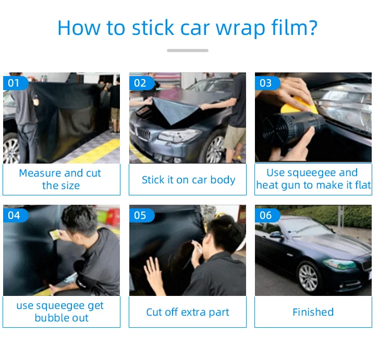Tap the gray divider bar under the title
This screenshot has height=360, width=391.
click(x=188, y=51)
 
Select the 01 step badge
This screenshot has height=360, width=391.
click(x=16, y=83)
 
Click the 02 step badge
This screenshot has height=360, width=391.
click(x=142, y=83)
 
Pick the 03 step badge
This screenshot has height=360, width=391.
click(x=267, y=83)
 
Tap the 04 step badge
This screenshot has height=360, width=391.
click(x=16, y=215)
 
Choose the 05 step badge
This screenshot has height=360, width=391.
click(x=142, y=215)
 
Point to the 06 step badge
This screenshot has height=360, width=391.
click(x=267, y=215)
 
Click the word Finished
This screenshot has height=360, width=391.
click(x=313, y=312)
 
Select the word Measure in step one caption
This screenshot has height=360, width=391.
click(x=40, y=173)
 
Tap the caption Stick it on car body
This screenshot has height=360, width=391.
click(x=189, y=180)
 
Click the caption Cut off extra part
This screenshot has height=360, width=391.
click(x=188, y=312)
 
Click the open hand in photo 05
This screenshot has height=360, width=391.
click(x=154, y=273)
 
